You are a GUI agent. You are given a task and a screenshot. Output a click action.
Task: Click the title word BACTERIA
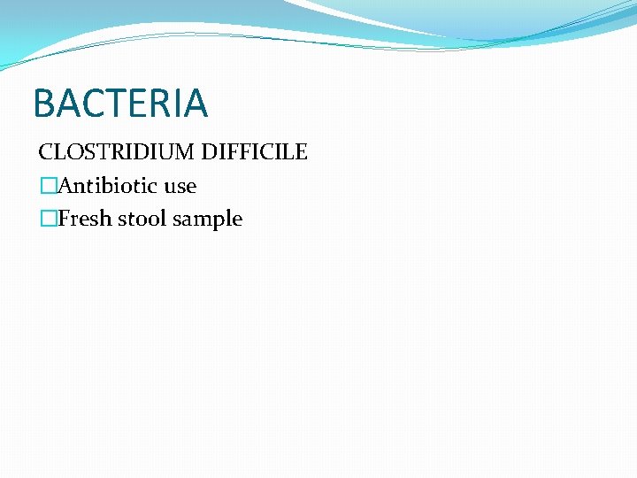pyautogui.click(x=120, y=104)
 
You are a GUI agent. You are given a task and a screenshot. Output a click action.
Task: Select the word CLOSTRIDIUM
pyautogui.click(x=117, y=152)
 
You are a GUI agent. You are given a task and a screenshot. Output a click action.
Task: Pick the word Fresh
pyautogui.click(x=84, y=219)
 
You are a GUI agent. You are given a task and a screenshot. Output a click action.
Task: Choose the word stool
pyautogui.click(x=141, y=219)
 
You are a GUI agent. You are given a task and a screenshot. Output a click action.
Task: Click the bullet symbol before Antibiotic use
pyautogui.click(x=48, y=186)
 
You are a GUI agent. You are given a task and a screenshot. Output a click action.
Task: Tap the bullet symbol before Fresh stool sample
pyautogui.click(x=48, y=219)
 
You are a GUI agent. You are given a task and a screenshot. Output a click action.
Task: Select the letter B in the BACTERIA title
pyautogui.click(x=43, y=104)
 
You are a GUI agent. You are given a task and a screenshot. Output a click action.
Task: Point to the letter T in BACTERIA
pyautogui.click(x=118, y=104)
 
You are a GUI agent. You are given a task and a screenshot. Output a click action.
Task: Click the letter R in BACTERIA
pyautogui.click(x=165, y=104)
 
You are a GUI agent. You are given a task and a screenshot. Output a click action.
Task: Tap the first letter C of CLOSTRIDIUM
pyautogui.click(x=45, y=152)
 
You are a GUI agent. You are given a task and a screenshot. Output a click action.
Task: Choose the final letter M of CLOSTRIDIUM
pyautogui.click(x=187, y=152)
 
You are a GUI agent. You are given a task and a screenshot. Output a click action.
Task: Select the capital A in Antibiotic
pyautogui.click(x=65, y=186)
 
